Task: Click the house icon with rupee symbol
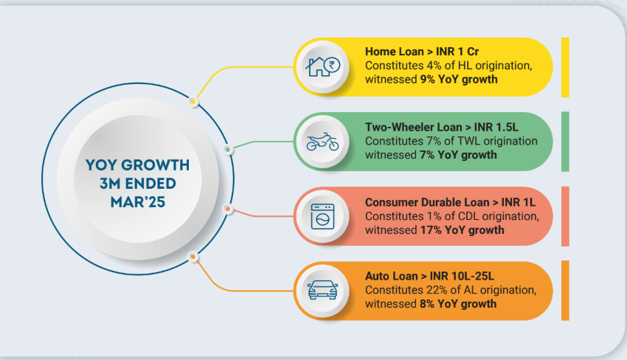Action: pos(322,67)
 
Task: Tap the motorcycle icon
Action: pos(322,142)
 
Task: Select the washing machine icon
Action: pos(322,216)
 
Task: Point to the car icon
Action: pos(322,290)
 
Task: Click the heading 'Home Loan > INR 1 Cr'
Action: pos(422,52)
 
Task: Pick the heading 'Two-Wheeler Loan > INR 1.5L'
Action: pos(441,127)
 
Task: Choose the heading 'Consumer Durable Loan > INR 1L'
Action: pos(450,202)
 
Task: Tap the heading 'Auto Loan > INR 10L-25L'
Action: pos(429,276)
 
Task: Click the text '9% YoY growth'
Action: pos(459,79)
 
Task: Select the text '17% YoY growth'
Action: pos(463,230)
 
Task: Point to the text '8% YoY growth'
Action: pos(458,304)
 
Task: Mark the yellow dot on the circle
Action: pos(193,102)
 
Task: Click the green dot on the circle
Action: pos(228,150)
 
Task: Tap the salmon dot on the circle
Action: pos(228,209)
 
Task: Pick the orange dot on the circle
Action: pos(193,257)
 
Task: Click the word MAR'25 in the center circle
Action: pos(138,202)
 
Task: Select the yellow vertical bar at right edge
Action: pos(565,67)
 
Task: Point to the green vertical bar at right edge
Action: pos(565,142)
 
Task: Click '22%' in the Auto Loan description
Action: pos(436,290)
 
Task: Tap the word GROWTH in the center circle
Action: pos(155,165)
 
